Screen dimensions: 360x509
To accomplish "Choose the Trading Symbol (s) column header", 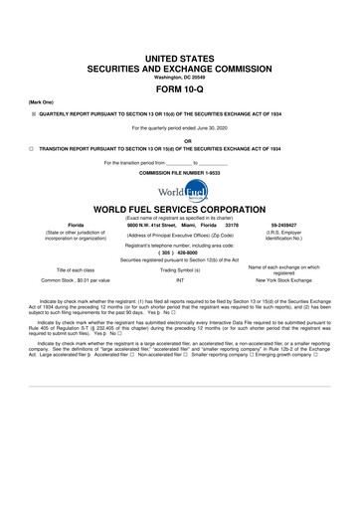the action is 181,270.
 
